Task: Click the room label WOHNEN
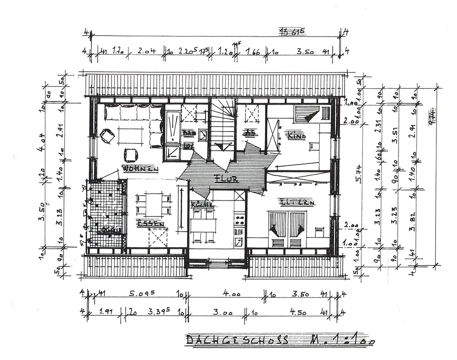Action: tap(140, 169)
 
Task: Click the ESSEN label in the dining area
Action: tap(150, 223)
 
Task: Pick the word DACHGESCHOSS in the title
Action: tap(237, 340)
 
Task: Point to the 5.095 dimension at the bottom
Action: tap(137, 295)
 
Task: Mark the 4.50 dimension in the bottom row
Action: tap(299, 313)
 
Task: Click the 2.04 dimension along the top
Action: tap(147, 52)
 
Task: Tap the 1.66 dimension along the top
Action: tap(253, 52)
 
